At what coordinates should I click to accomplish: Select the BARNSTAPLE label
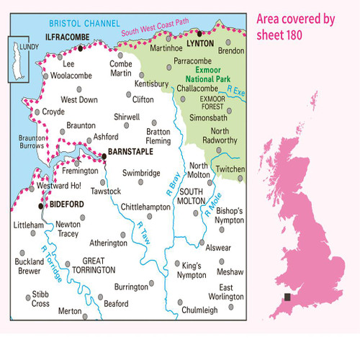132,153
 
